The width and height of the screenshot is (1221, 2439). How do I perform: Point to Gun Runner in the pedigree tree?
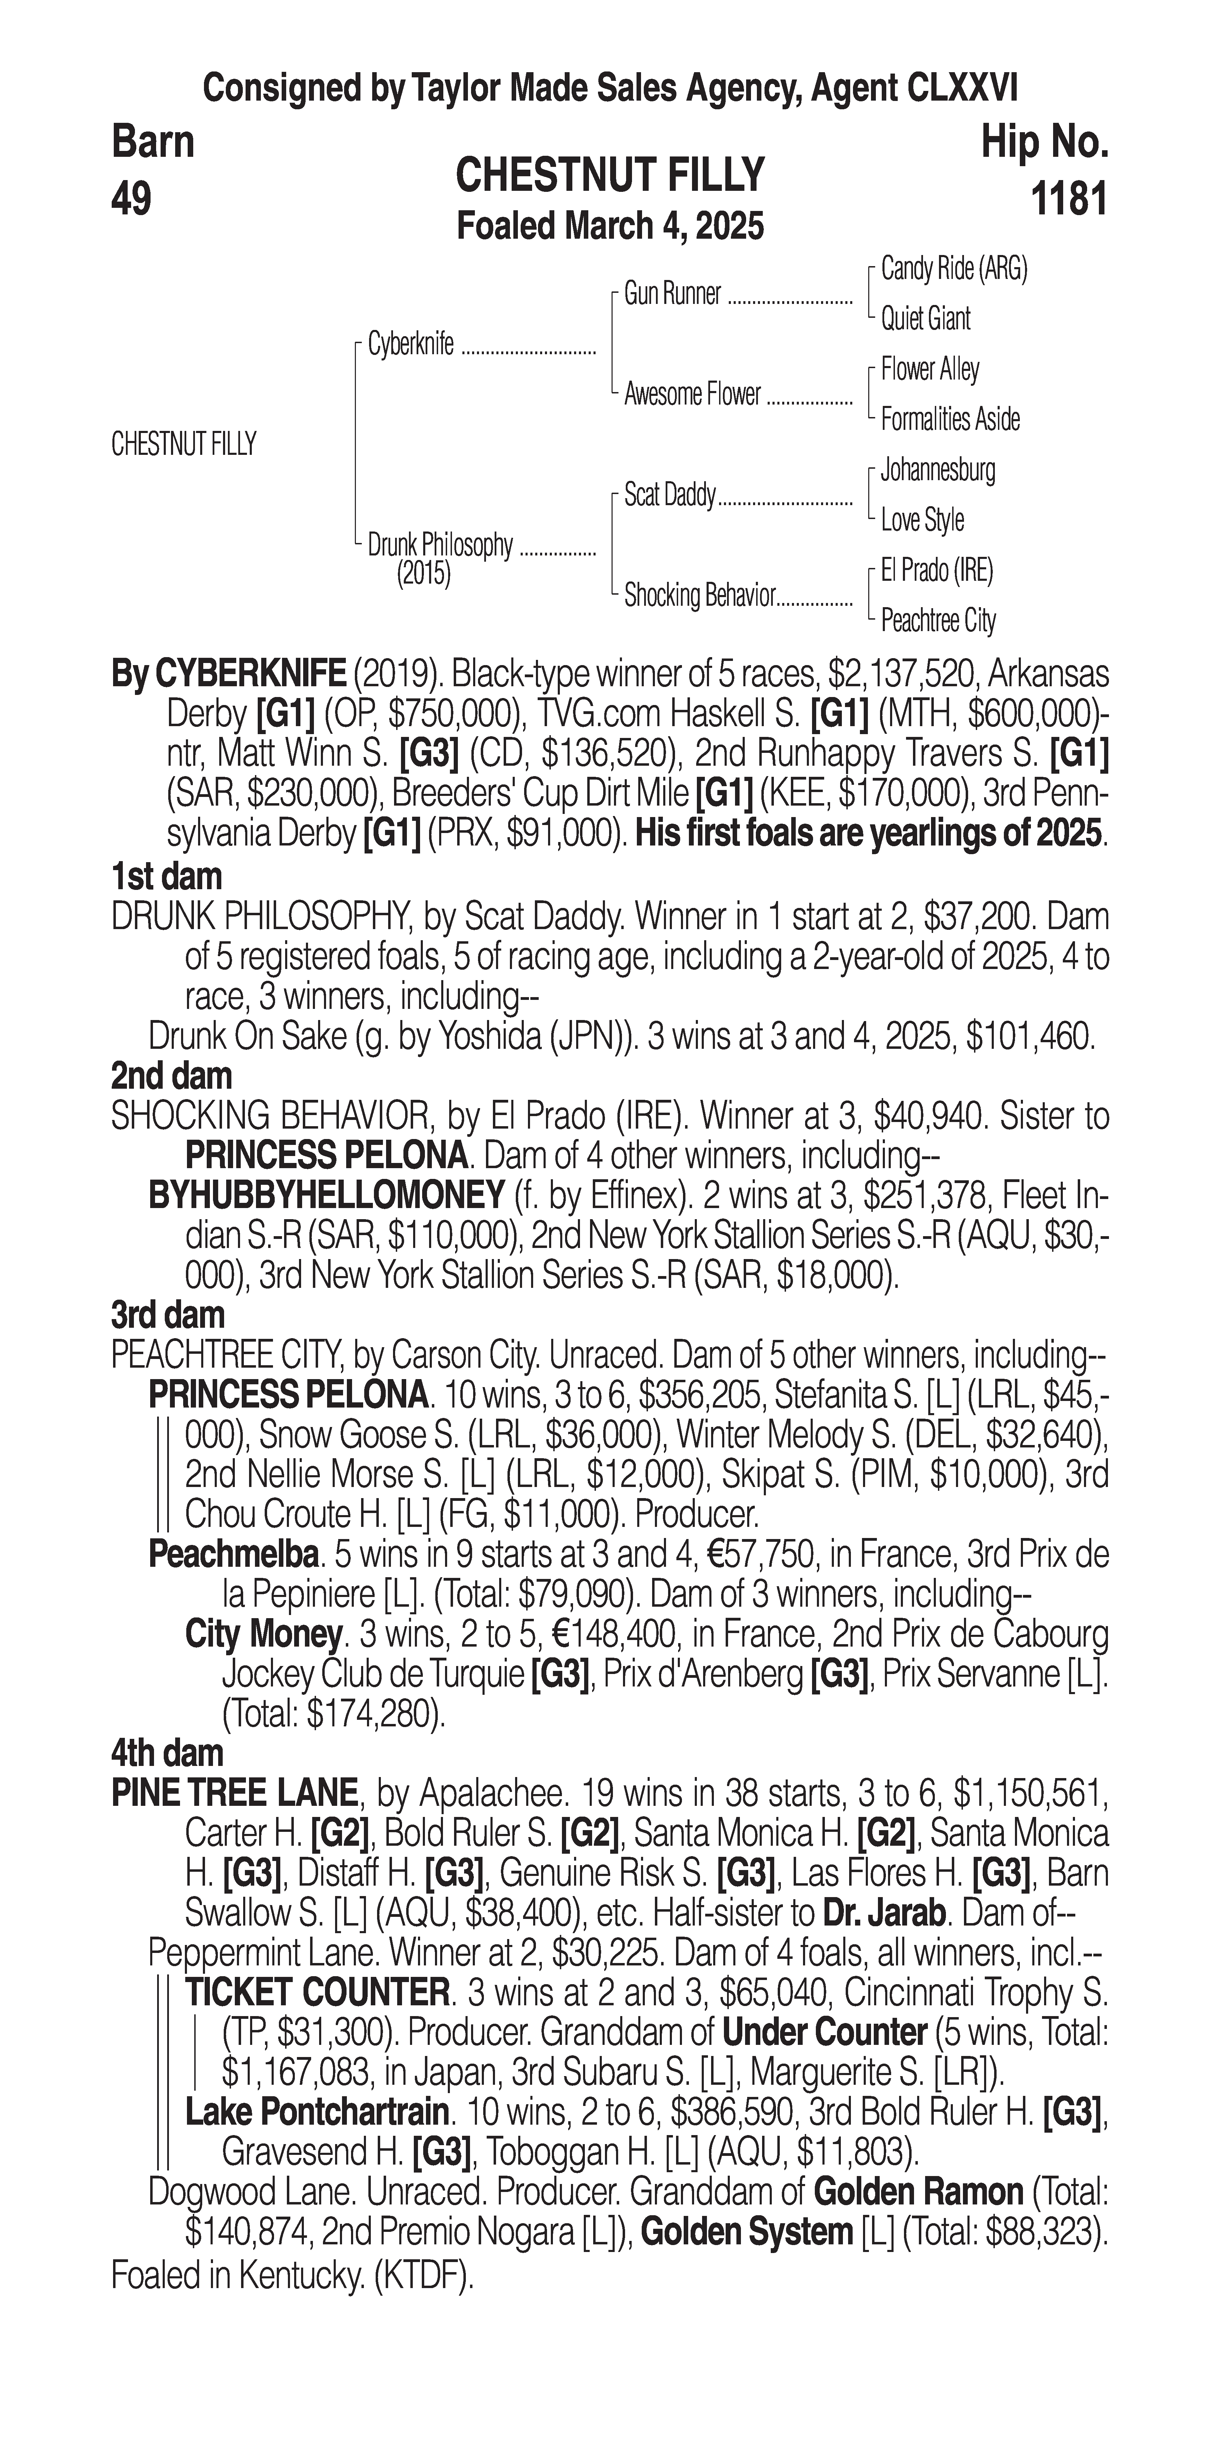(672, 295)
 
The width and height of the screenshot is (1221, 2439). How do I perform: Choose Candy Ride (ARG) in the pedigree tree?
(953, 269)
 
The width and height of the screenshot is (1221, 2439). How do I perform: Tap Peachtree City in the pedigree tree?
(938, 621)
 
